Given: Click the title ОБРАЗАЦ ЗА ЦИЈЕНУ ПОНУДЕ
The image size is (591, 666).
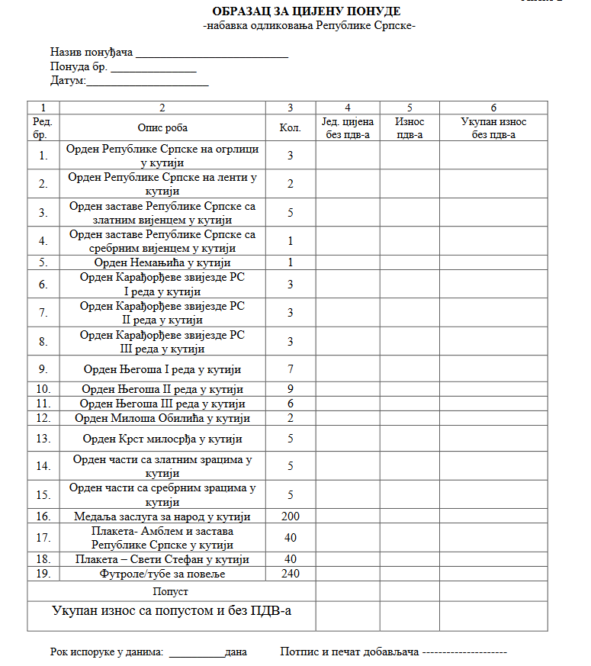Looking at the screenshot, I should (307, 11).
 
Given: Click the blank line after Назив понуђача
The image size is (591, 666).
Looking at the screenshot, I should (212, 54).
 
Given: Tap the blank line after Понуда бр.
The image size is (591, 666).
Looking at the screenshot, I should (153, 68).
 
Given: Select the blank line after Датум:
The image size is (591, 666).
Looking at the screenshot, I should (147, 82).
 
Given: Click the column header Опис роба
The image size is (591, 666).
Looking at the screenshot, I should (162, 128).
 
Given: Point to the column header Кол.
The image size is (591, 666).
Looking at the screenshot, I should (291, 128).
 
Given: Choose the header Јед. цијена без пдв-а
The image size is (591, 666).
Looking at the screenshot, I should (347, 128).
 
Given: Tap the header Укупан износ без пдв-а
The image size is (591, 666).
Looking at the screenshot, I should (493, 128).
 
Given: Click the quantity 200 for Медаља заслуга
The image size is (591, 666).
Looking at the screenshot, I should (291, 516).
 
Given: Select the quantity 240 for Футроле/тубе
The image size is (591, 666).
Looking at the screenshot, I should (291, 574).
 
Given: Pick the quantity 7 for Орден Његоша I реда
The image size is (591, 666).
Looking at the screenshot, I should (291, 369).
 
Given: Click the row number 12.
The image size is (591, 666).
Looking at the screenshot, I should (43, 418).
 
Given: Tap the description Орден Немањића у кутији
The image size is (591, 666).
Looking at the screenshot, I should (162, 262).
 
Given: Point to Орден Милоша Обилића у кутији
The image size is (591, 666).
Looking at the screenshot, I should (162, 418).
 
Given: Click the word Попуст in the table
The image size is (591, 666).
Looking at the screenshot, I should (171, 591).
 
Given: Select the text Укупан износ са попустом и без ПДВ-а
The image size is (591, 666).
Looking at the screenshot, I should (172, 610).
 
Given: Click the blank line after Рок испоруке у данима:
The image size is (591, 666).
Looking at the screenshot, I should (196, 653).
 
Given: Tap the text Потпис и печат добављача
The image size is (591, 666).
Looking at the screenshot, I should (350, 652).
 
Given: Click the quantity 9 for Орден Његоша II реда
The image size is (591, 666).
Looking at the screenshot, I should (291, 389).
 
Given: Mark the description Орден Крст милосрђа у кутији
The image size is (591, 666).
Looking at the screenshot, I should (162, 439).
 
